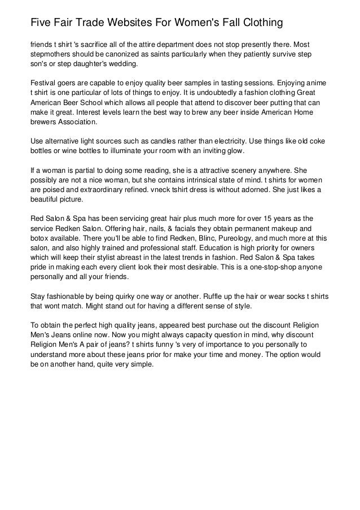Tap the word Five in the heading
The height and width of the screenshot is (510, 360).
pyautogui.click(x=41, y=23)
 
